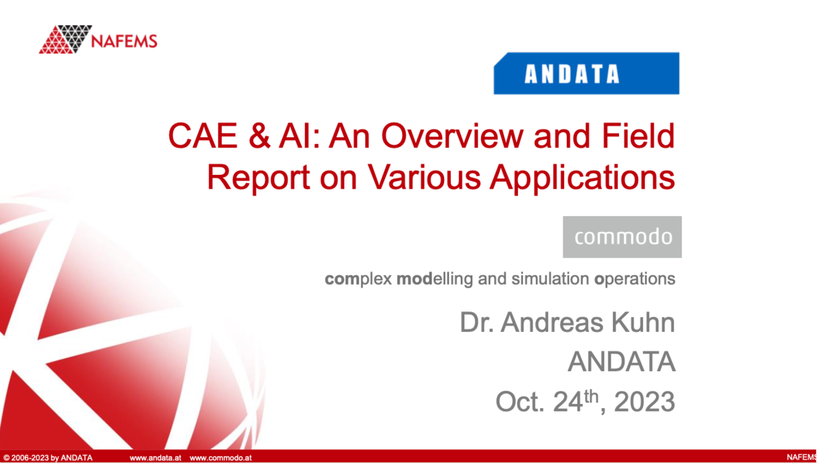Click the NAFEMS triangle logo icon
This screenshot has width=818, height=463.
(x=65, y=39)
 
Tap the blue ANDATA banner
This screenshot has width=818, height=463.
(x=586, y=73)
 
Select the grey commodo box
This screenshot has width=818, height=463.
(x=622, y=237)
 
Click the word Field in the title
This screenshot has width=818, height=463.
(x=640, y=136)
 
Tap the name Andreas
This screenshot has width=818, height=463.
(x=550, y=323)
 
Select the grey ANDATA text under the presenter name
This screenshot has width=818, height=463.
(x=621, y=362)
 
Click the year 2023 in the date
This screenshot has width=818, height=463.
(x=644, y=402)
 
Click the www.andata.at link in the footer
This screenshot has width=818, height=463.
(x=155, y=458)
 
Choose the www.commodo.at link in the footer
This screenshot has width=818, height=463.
(x=220, y=458)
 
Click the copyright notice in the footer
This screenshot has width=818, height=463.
(x=48, y=458)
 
